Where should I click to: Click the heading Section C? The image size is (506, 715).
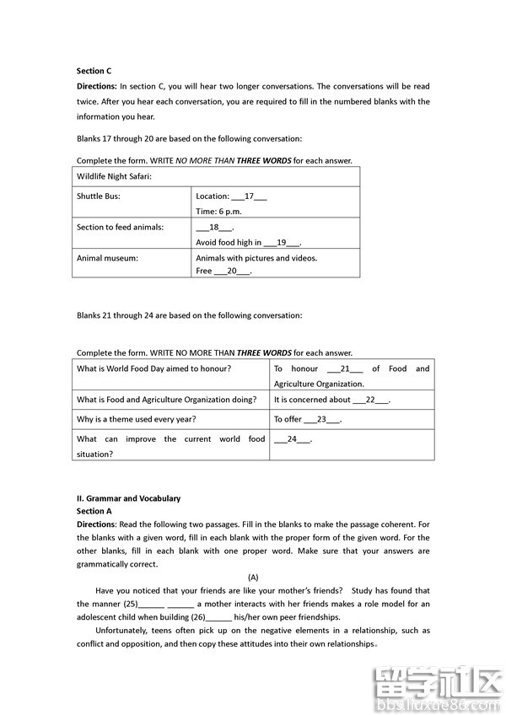click(x=94, y=72)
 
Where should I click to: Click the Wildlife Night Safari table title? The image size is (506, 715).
click(x=114, y=177)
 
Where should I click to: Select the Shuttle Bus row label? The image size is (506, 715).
click(x=99, y=196)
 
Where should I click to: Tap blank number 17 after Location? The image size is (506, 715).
click(x=249, y=196)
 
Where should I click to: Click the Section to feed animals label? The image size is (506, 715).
click(x=121, y=227)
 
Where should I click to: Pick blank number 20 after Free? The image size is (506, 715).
click(x=233, y=271)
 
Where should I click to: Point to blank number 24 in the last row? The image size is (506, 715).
click(x=293, y=439)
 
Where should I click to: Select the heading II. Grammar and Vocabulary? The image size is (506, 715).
click(x=128, y=498)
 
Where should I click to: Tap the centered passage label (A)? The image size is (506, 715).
click(x=253, y=577)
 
